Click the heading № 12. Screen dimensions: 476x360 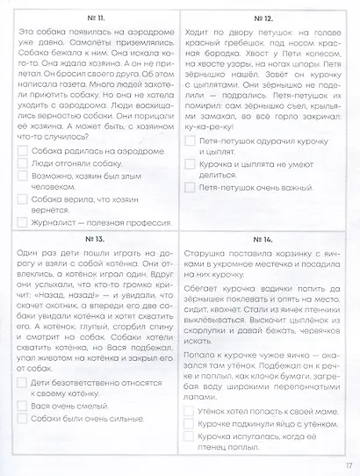tap(262, 17)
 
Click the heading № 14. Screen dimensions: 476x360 tap(262, 239)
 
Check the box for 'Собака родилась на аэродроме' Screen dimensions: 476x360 tap(22, 149)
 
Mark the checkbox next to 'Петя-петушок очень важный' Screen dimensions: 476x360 tap(190, 187)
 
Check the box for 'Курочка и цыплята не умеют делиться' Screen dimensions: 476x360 tap(190, 163)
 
